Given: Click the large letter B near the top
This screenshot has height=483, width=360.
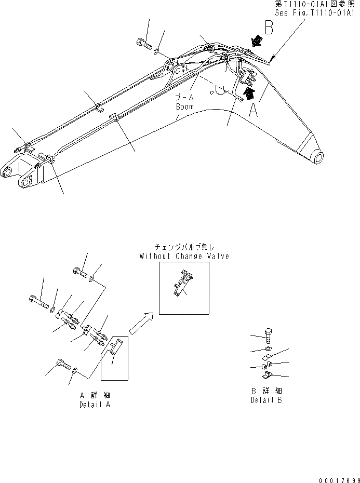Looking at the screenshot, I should pos(269,28).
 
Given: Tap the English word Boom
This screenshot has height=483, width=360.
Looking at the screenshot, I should pos(184,106).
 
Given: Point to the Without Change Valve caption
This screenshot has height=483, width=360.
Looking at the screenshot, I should pos(184,256).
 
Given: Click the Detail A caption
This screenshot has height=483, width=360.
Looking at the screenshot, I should pos(95,404).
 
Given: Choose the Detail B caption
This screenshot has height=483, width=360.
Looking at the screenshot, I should pos(266,400).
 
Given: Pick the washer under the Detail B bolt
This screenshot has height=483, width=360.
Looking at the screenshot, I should pos(267,348).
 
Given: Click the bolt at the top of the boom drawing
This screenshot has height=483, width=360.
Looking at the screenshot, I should pos(144,45).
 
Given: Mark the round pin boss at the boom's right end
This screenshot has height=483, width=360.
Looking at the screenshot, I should pos(316,156).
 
